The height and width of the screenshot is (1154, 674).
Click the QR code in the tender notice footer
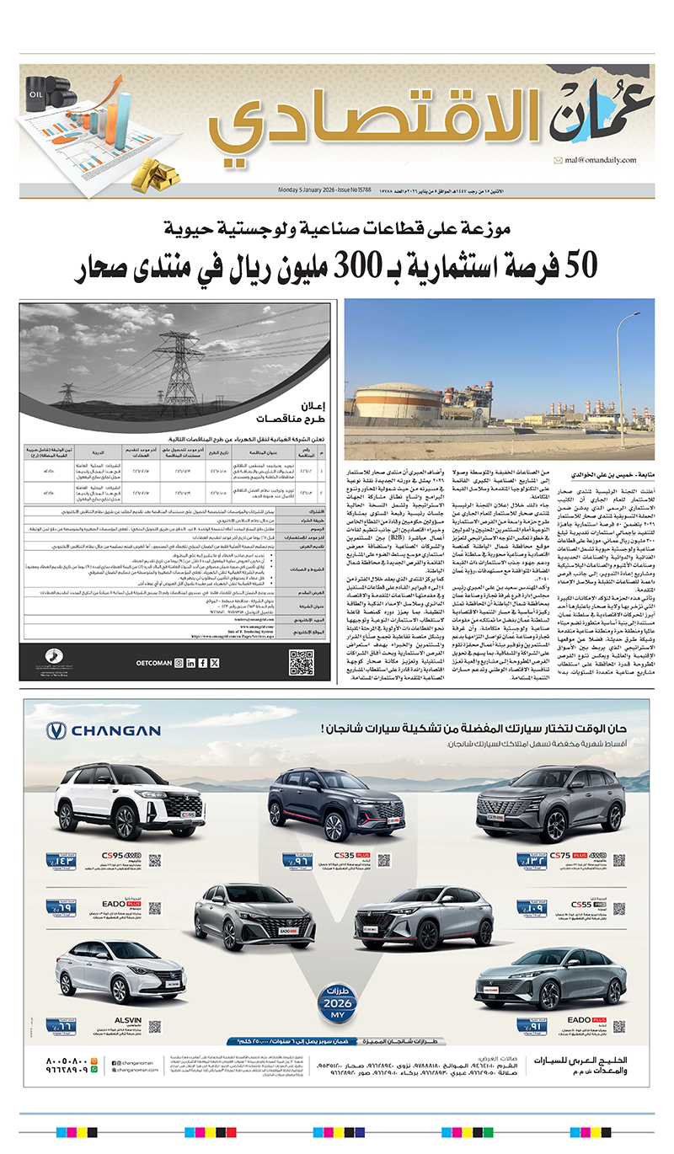pos(301,662)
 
